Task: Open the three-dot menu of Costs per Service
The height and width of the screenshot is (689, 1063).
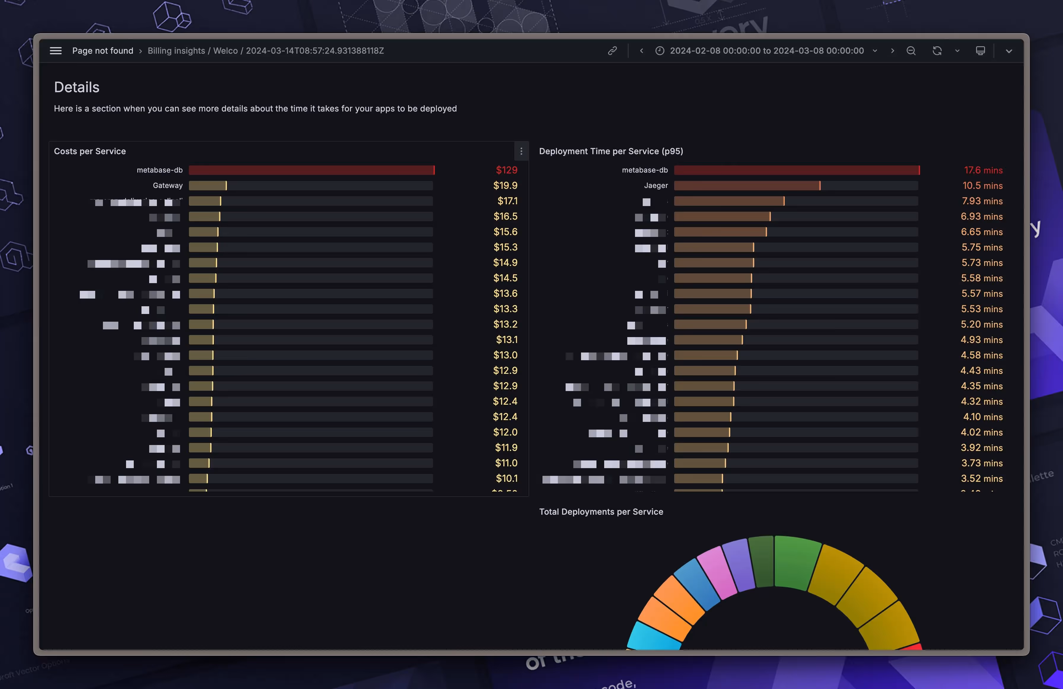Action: tap(521, 151)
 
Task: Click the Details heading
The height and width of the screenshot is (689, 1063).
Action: tap(77, 87)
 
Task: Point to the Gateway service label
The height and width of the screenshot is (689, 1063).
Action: tap(168, 185)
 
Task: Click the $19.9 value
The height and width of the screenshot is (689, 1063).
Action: tap(505, 185)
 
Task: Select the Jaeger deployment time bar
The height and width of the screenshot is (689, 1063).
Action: tap(747, 185)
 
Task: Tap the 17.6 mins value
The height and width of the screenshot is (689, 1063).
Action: tap(983, 170)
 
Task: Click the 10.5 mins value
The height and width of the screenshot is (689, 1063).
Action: tap(982, 185)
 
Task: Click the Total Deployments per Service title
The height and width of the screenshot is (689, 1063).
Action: tap(601, 512)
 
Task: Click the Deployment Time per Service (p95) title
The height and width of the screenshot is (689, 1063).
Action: tap(611, 151)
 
